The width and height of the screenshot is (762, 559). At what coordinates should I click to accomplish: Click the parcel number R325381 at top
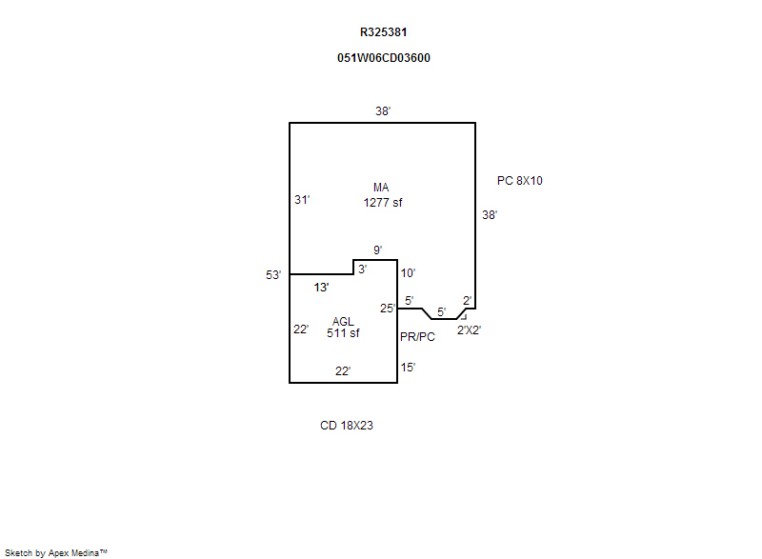tap(383, 31)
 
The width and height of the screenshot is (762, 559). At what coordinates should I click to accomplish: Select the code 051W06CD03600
tap(383, 57)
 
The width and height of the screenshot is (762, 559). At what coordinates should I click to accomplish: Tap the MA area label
tap(381, 188)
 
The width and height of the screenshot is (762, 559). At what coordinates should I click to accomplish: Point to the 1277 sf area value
tap(383, 202)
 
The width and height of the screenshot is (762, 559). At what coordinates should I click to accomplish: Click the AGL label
tap(343, 321)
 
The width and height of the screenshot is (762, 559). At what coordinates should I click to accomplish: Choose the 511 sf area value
tap(343, 333)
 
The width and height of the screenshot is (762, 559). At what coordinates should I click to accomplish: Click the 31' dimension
tap(302, 200)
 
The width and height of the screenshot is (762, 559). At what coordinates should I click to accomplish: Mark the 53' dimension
tap(273, 275)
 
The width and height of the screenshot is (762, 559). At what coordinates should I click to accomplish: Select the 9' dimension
tap(377, 250)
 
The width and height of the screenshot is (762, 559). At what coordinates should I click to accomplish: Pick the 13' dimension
tap(322, 287)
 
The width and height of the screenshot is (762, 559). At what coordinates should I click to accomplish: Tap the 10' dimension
tap(408, 273)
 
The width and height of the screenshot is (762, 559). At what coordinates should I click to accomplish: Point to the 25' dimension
tap(388, 308)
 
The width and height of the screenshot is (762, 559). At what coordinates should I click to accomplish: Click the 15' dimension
tap(408, 367)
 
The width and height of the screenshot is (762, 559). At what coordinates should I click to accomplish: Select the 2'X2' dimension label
tap(469, 329)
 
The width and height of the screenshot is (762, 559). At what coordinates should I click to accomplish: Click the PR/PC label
tap(417, 337)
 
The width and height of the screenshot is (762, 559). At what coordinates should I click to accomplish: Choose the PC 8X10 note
tap(520, 180)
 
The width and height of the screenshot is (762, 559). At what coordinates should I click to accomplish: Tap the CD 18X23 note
tap(347, 426)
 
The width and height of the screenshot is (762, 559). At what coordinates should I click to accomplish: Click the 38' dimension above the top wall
tap(383, 111)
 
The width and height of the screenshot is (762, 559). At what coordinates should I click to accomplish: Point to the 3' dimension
tap(362, 270)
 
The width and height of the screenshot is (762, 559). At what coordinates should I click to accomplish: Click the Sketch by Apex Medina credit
tap(56, 552)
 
